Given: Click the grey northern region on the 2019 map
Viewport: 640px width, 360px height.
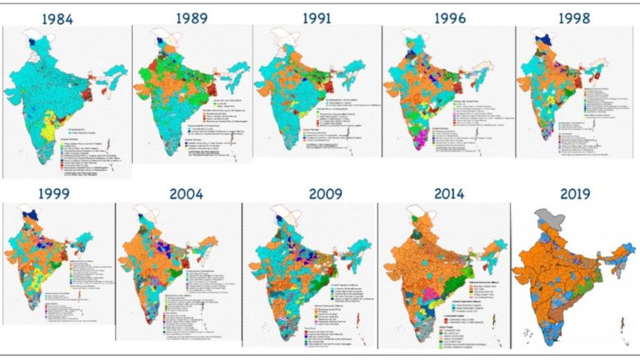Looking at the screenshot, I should point(540,215).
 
